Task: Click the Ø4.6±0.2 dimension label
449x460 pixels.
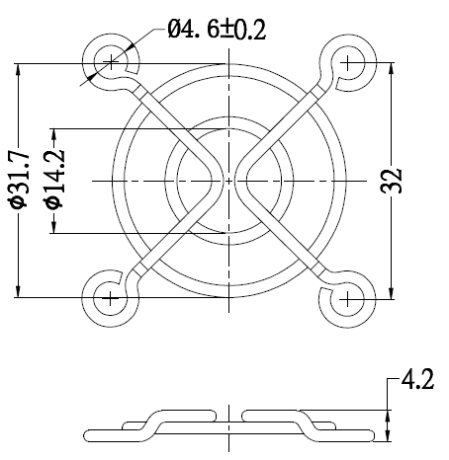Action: pyautogui.click(x=217, y=30)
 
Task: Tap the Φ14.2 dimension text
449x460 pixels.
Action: pyautogui.click(x=54, y=180)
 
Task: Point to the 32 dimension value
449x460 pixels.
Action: pyautogui.click(x=392, y=181)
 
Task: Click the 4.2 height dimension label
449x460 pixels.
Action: pyautogui.click(x=417, y=379)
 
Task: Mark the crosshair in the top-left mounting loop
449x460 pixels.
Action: pyautogui.click(x=111, y=62)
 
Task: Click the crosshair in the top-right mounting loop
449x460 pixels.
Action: pyautogui.click(x=348, y=62)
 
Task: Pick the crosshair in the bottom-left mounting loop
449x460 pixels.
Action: pyautogui.click(x=111, y=298)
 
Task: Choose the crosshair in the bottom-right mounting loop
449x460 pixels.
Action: pyautogui.click(x=348, y=299)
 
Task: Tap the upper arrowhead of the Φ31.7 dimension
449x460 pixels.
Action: pyautogui.click(x=18, y=70)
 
